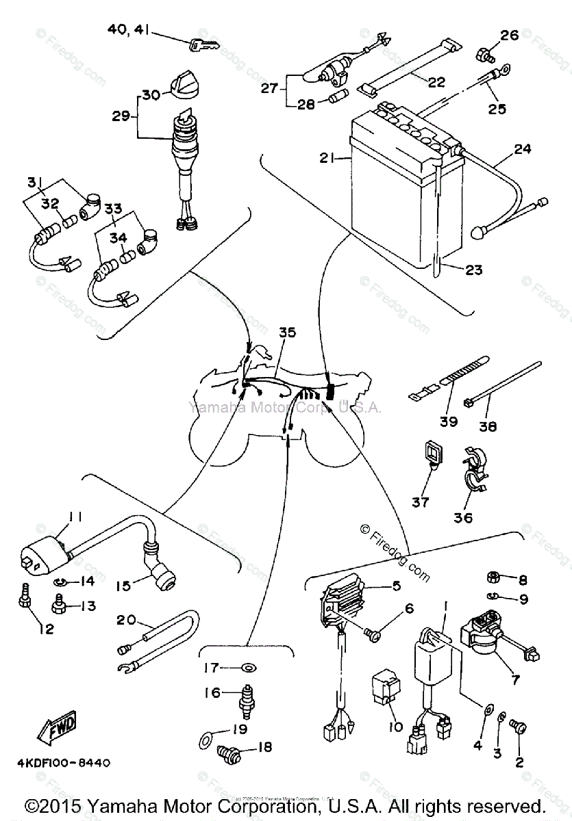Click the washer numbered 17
tap(247, 667)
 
